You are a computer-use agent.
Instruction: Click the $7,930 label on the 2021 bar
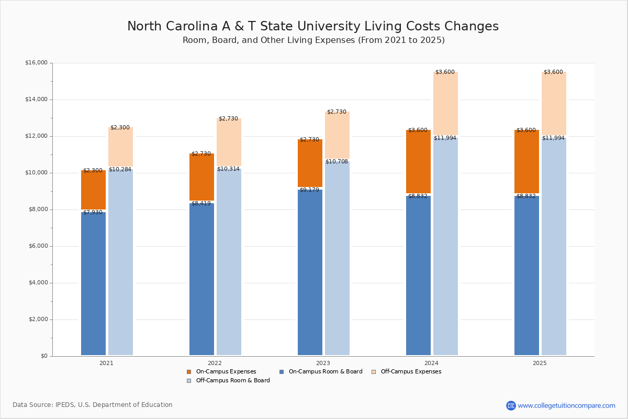[x=93, y=212]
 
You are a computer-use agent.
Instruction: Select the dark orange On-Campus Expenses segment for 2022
[x=201, y=177]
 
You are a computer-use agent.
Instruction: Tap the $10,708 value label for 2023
[x=337, y=162]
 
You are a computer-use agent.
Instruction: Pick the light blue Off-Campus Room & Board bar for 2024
[x=445, y=246]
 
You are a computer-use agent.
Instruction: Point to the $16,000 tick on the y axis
[x=36, y=63]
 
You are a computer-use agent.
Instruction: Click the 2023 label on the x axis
[x=323, y=363]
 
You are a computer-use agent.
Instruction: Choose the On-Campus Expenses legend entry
[x=221, y=372]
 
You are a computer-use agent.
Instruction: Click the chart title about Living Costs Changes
[x=313, y=26]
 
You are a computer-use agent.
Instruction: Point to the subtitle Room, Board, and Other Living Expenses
[x=313, y=40]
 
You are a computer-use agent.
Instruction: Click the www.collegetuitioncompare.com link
[x=566, y=405]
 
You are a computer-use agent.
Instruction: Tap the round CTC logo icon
[x=511, y=405]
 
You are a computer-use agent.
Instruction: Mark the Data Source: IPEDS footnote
[x=93, y=405]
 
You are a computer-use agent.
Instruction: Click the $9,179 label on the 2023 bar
[x=309, y=190]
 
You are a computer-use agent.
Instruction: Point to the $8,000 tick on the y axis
[x=38, y=210]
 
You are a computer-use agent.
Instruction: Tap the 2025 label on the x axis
[x=540, y=363]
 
